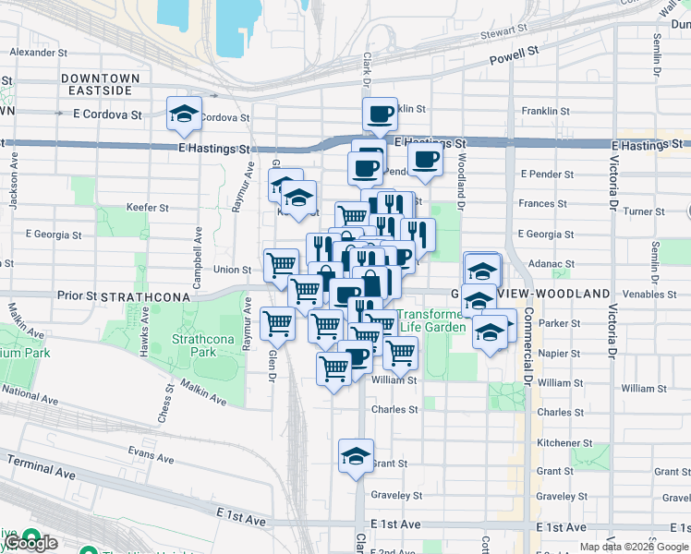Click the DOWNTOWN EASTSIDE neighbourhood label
point(101,84)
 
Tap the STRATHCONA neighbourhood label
point(145,296)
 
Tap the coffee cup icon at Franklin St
point(380,115)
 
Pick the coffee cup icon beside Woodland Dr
point(425,160)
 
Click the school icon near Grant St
point(356,456)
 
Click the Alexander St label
point(33,53)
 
